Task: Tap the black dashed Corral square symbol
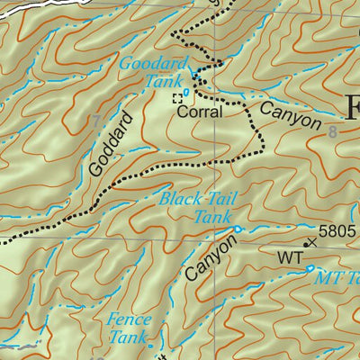(177, 99)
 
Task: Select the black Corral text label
(199, 114)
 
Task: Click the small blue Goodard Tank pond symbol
(186, 92)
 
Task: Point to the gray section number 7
(96, 121)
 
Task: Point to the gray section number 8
(333, 133)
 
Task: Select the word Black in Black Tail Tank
(177, 200)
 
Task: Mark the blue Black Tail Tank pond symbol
(238, 230)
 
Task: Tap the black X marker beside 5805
(311, 241)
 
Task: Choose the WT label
(289, 258)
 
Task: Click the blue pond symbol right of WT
(310, 267)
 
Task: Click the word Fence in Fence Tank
(128, 319)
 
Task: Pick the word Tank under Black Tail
(212, 217)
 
